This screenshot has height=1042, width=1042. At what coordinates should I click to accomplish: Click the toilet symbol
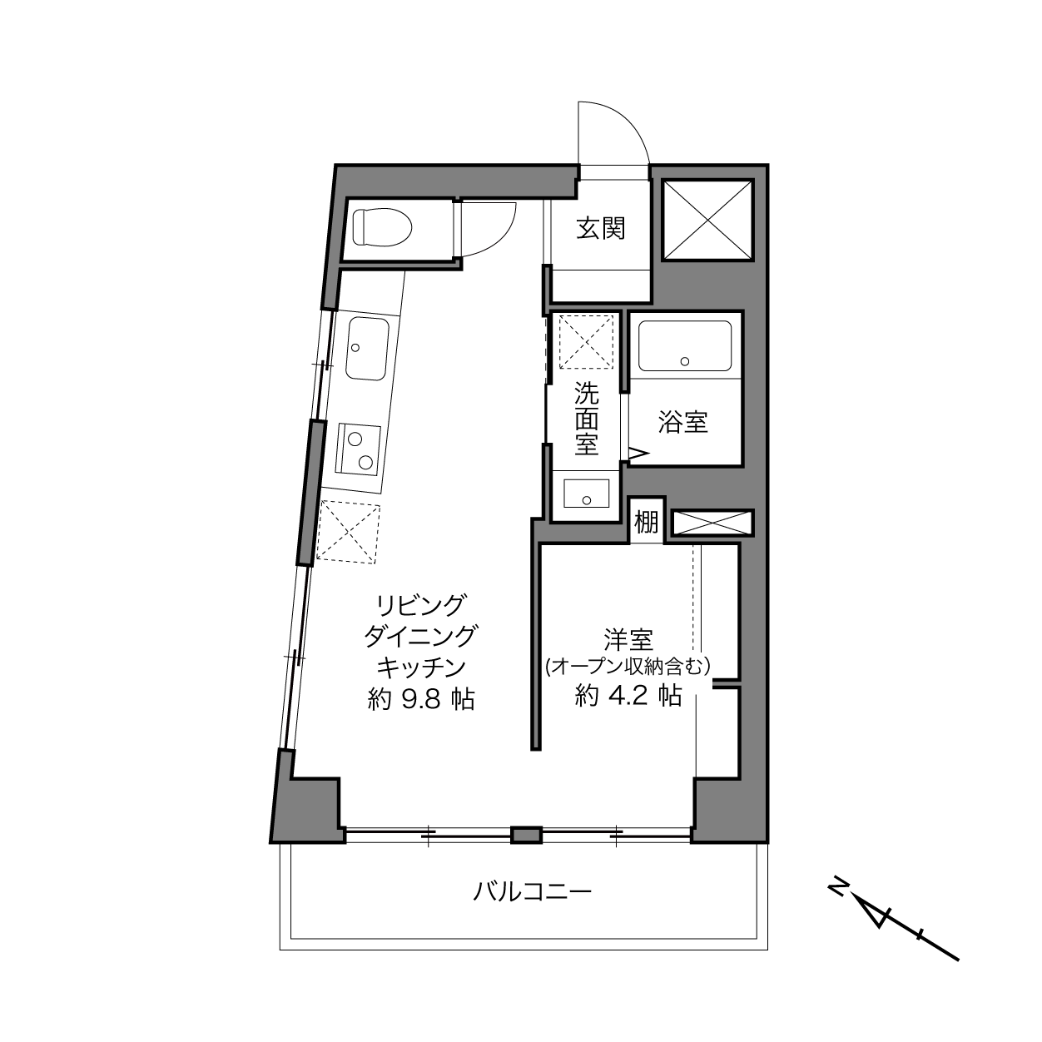(382, 228)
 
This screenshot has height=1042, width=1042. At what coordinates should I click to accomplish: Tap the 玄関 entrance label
(600, 228)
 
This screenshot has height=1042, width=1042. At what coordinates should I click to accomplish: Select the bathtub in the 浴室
(685, 345)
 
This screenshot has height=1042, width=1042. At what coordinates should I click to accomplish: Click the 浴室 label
(683, 422)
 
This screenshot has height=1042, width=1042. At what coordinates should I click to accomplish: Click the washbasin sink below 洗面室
(586, 494)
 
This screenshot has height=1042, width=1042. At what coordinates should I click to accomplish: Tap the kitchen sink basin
(367, 349)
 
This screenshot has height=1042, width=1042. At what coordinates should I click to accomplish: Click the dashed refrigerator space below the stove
(348, 532)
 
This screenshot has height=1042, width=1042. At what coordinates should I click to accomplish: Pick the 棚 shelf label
(647, 523)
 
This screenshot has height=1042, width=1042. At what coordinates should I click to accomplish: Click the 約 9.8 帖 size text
(420, 699)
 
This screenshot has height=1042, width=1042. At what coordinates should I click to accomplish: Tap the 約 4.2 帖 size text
(628, 696)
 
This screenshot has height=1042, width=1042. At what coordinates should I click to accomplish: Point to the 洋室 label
(628, 640)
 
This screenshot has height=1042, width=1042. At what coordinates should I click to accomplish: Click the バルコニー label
(533, 891)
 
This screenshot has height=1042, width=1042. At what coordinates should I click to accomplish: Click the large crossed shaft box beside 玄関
(707, 220)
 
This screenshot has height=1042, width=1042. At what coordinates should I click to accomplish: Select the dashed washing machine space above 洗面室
(587, 342)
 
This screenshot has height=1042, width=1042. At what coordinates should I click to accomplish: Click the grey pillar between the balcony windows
(527, 835)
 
